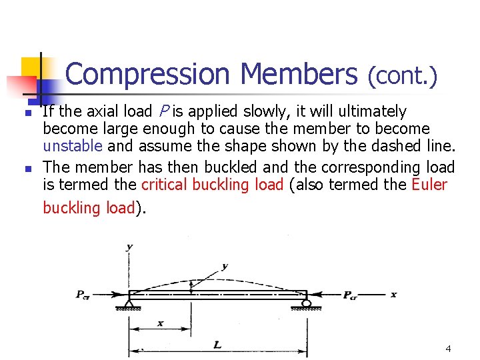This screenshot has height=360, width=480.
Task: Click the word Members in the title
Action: [x=299, y=75]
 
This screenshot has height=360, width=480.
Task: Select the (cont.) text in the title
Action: [x=403, y=77]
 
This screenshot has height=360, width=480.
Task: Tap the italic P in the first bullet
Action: [x=163, y=111]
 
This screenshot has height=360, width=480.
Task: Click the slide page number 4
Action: [x=448, y=348]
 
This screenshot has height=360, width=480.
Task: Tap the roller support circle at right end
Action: [x=306, y=303]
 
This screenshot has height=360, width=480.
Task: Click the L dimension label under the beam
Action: [x=218, y=345]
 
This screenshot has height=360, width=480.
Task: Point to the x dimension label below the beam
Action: [x=161, y=323]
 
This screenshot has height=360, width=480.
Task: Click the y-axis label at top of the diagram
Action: [x=129, y=247]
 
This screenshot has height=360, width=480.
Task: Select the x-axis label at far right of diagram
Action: [x=393, y=294]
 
